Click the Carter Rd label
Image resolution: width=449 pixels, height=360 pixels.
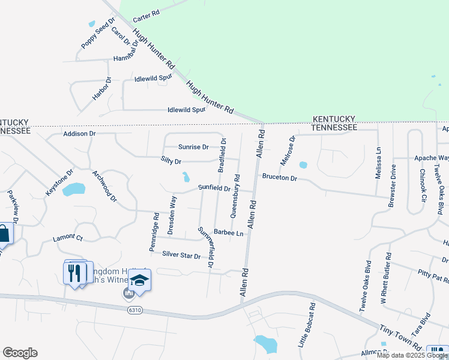click(146, 13)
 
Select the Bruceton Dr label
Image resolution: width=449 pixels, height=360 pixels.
click(279, 178)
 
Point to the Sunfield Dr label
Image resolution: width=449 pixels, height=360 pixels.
click(215, 188)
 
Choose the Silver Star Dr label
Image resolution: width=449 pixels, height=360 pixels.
click(181, 256)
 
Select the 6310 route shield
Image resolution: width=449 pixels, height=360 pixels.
click(135, 310)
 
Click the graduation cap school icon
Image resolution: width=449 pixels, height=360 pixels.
click(139, 281)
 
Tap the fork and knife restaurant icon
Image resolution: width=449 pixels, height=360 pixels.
click(74, 273)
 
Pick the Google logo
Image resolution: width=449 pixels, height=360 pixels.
click(20, 353)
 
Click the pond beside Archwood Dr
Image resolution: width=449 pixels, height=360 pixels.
click(74, 190)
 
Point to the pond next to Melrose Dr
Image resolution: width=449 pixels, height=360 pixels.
click(303, 165)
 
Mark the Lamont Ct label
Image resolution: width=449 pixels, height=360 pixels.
click(67, 238)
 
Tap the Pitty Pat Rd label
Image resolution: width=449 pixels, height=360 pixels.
click(433, 276)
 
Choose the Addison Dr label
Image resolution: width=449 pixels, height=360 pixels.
click(79, 134)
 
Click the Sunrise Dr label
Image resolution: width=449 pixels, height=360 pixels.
click(193, 147)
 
